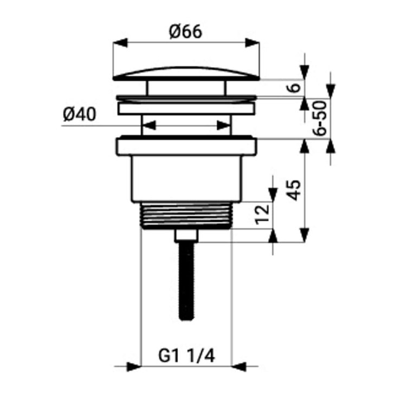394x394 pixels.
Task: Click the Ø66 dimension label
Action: click(x=185, y=32)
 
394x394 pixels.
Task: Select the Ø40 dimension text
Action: click(x=80, y=114)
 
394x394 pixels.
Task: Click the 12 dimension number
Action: click(x=262, y=214)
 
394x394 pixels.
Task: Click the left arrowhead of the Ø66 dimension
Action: click(x=120, y=42)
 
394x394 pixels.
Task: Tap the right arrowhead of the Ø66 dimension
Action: click(x=252, y=42)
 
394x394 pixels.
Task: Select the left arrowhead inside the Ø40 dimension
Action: click(x=149, y=125)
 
